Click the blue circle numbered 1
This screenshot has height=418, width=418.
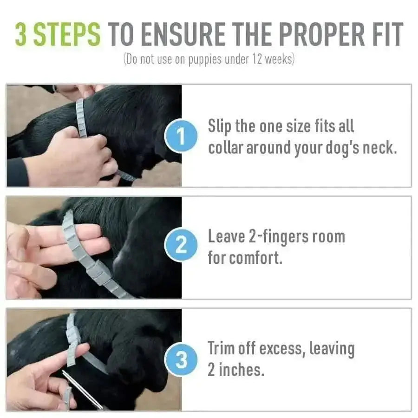point(181,137)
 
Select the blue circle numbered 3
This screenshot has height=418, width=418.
point(181,359)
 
